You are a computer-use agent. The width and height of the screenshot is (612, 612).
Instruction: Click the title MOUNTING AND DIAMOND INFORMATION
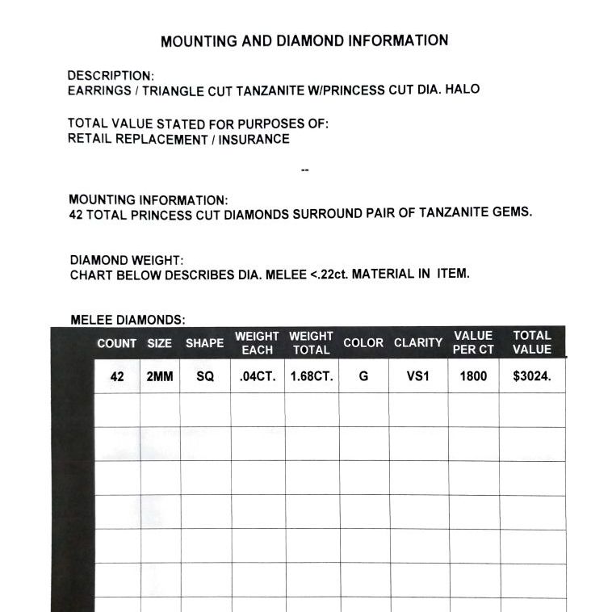coord(304,40)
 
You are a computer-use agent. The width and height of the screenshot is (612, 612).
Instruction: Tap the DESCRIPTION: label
coord(111,76)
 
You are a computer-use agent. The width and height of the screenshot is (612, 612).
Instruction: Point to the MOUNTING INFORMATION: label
coord(149,199)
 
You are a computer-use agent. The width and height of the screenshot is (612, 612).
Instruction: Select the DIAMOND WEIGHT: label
coord(127,260)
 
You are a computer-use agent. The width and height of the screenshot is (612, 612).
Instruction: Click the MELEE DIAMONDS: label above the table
coord(128,320)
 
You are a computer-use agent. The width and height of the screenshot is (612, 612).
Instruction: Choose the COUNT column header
coord(117,343)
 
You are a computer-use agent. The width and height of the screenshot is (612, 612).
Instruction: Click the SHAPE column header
coord(205,343)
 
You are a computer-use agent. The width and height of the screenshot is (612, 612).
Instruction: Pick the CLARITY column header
coord(418,342)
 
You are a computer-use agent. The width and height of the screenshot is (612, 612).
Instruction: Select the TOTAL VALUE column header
coord(532,342)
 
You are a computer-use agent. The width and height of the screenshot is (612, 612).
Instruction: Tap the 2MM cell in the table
coord(160,376)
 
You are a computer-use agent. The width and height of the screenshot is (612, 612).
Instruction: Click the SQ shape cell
coord(205,376)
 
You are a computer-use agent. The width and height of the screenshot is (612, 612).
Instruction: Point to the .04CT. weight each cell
coord(258,376)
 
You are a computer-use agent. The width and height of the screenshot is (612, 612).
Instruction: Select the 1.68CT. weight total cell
coord(312,376)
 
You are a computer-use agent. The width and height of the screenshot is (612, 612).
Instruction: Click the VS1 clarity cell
coord(418,376)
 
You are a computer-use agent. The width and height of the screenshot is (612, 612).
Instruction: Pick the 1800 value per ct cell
coord(473,376)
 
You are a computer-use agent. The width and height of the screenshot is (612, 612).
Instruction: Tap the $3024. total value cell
coord(532,376)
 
